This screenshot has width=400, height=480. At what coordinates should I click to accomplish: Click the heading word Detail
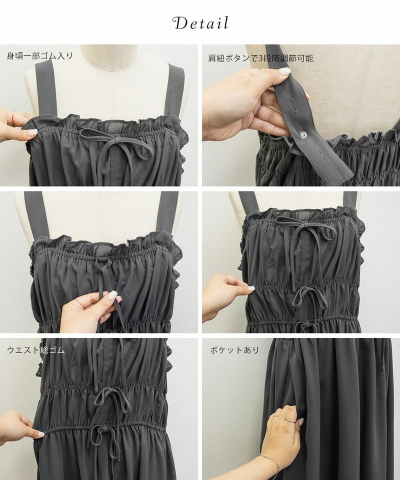(200, 23)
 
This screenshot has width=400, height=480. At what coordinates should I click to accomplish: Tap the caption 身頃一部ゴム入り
(40, 55)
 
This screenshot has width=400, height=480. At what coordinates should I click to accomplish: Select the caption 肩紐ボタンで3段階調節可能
(260, 58)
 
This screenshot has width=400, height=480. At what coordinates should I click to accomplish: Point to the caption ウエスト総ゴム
(36, 349)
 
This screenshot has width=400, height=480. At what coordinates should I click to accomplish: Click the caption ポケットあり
(234, 350)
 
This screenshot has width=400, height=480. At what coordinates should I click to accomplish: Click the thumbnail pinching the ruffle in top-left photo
(32, 132)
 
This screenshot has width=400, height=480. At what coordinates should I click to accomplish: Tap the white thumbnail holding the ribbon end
(112, 295)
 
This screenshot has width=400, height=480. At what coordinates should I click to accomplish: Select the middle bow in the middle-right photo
(309, 296)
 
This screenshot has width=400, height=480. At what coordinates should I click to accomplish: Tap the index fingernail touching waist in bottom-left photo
(41, 434)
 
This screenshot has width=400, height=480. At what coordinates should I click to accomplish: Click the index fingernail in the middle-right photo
(251, 288)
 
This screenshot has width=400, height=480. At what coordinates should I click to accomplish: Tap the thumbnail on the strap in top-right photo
(284, 71)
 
